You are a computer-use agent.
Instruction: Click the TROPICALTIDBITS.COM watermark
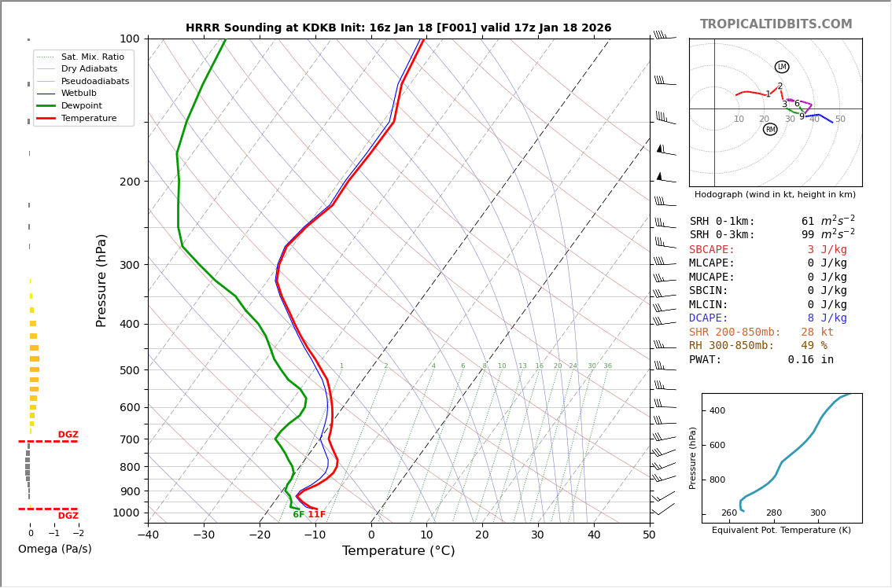pyautogui.click(x=776, y=24)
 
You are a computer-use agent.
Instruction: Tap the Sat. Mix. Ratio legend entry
pyautogui.click(x=92, y=57)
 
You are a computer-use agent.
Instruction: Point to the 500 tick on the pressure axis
pyautogui.click(x=129, y=370)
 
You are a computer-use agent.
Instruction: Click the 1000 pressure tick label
pyautogui.click(x=127, y=513)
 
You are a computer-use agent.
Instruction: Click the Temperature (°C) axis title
pyautogui.click(x=398, y=551)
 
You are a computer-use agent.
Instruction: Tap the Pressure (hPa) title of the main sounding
pyautogui.click(x=101, y=280)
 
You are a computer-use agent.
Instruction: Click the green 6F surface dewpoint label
pyautogui.click(x=298, y=515)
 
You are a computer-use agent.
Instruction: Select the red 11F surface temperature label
pyautogui.click(x=316, y=515)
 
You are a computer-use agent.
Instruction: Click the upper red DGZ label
pyautogui.click(x=68, y=435)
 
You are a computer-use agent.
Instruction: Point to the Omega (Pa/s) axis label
pyautogui.click(x=54, y=549)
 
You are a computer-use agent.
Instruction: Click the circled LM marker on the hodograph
pyautogui.click(x=781, y=67)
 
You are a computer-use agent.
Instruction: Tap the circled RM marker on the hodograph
pyautogui.click(x=770, y=130)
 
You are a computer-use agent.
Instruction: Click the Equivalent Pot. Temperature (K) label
pyautogui.click(x=781, y=530)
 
